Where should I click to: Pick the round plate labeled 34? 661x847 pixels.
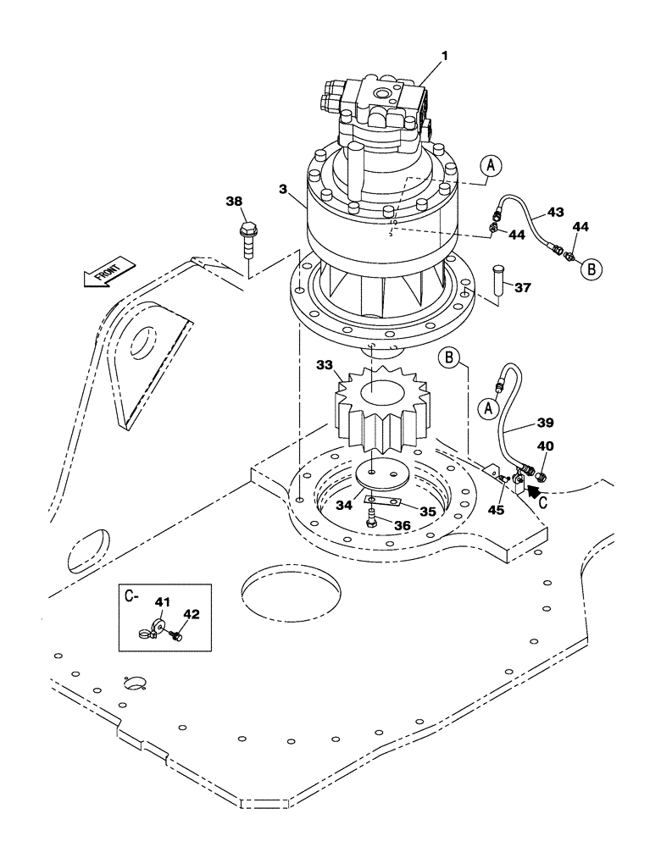(383, 476)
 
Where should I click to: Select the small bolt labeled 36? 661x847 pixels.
(371, 523)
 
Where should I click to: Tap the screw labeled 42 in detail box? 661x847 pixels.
(177, 634)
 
